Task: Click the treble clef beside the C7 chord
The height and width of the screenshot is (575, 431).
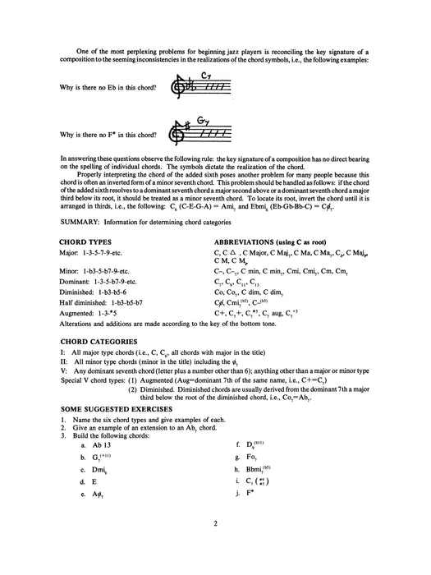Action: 175,87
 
